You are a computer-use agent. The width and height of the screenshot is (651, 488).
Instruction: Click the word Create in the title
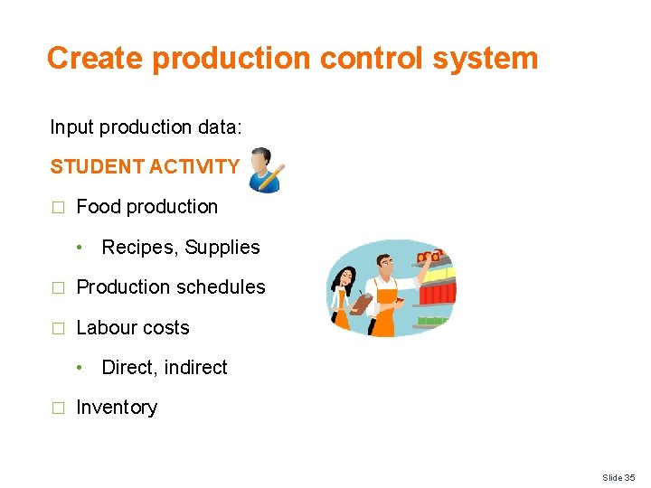point(96,58)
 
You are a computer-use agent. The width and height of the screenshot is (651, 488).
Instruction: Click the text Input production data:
point(146,127)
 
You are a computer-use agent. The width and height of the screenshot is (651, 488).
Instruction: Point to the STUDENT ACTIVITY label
point(145,167)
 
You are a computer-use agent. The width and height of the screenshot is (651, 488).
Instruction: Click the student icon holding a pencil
point(266,169)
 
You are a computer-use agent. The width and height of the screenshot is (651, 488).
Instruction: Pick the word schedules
point(222,287)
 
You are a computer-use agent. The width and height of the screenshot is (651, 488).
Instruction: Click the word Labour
point(105,328)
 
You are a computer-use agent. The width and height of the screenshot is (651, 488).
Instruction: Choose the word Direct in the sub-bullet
point(127,368)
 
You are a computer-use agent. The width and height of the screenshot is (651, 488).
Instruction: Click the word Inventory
point(117,408)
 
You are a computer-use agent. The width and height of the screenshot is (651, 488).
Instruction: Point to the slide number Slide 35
point(618,477)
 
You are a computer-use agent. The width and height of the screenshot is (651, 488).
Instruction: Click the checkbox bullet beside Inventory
point(58,408)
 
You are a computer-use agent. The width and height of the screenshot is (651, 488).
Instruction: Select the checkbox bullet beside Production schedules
point(58,288)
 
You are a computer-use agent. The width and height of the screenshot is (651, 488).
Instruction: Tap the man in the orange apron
point(389,289)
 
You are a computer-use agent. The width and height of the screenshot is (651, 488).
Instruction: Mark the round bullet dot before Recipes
point(80,248)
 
